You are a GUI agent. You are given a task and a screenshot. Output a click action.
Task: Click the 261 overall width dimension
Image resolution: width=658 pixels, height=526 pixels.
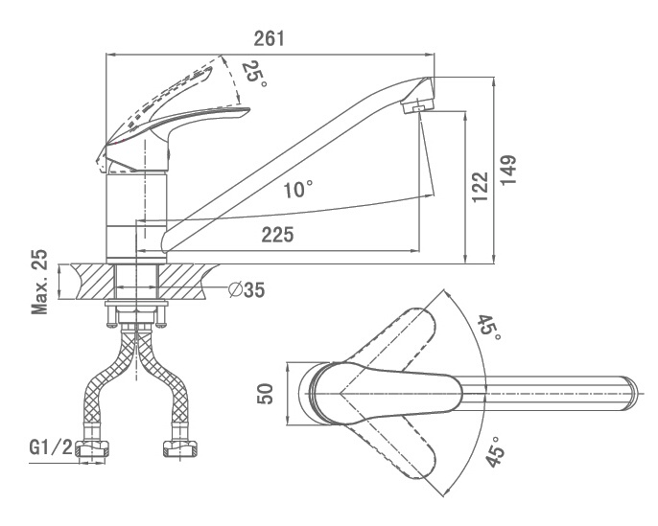(x=269, y=38)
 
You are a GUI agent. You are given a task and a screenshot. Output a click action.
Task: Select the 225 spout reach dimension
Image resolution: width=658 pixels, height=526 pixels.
(x=277, y=235)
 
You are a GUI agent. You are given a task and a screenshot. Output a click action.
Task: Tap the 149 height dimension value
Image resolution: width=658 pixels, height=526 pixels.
(x=507, y=170)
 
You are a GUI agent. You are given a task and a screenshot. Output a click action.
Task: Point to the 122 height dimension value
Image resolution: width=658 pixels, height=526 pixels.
(x=480, y=187)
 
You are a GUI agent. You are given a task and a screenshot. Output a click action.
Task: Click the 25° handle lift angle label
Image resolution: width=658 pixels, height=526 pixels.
(x=254, y=74)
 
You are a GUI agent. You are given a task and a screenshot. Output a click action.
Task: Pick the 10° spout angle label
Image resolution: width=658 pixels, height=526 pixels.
(x=298, y=190)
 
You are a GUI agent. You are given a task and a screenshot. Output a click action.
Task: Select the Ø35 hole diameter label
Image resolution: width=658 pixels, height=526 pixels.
(x=247, y=289)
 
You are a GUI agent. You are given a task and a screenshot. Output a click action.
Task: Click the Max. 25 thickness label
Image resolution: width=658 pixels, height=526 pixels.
(x=40, y=282)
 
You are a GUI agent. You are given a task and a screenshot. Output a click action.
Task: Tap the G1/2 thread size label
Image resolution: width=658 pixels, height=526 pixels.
(x=51, y=447)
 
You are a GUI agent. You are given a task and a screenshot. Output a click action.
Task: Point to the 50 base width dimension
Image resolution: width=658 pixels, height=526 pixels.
(x=265, y=394)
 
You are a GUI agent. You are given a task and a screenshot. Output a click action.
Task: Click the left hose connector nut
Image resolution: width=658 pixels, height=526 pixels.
(x=92, y=449)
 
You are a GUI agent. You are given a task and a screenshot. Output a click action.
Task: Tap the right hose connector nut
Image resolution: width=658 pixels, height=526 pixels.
(x=180, y=449)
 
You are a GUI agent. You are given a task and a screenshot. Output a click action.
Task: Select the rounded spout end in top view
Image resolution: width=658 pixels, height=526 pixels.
(x=631, y=393)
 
